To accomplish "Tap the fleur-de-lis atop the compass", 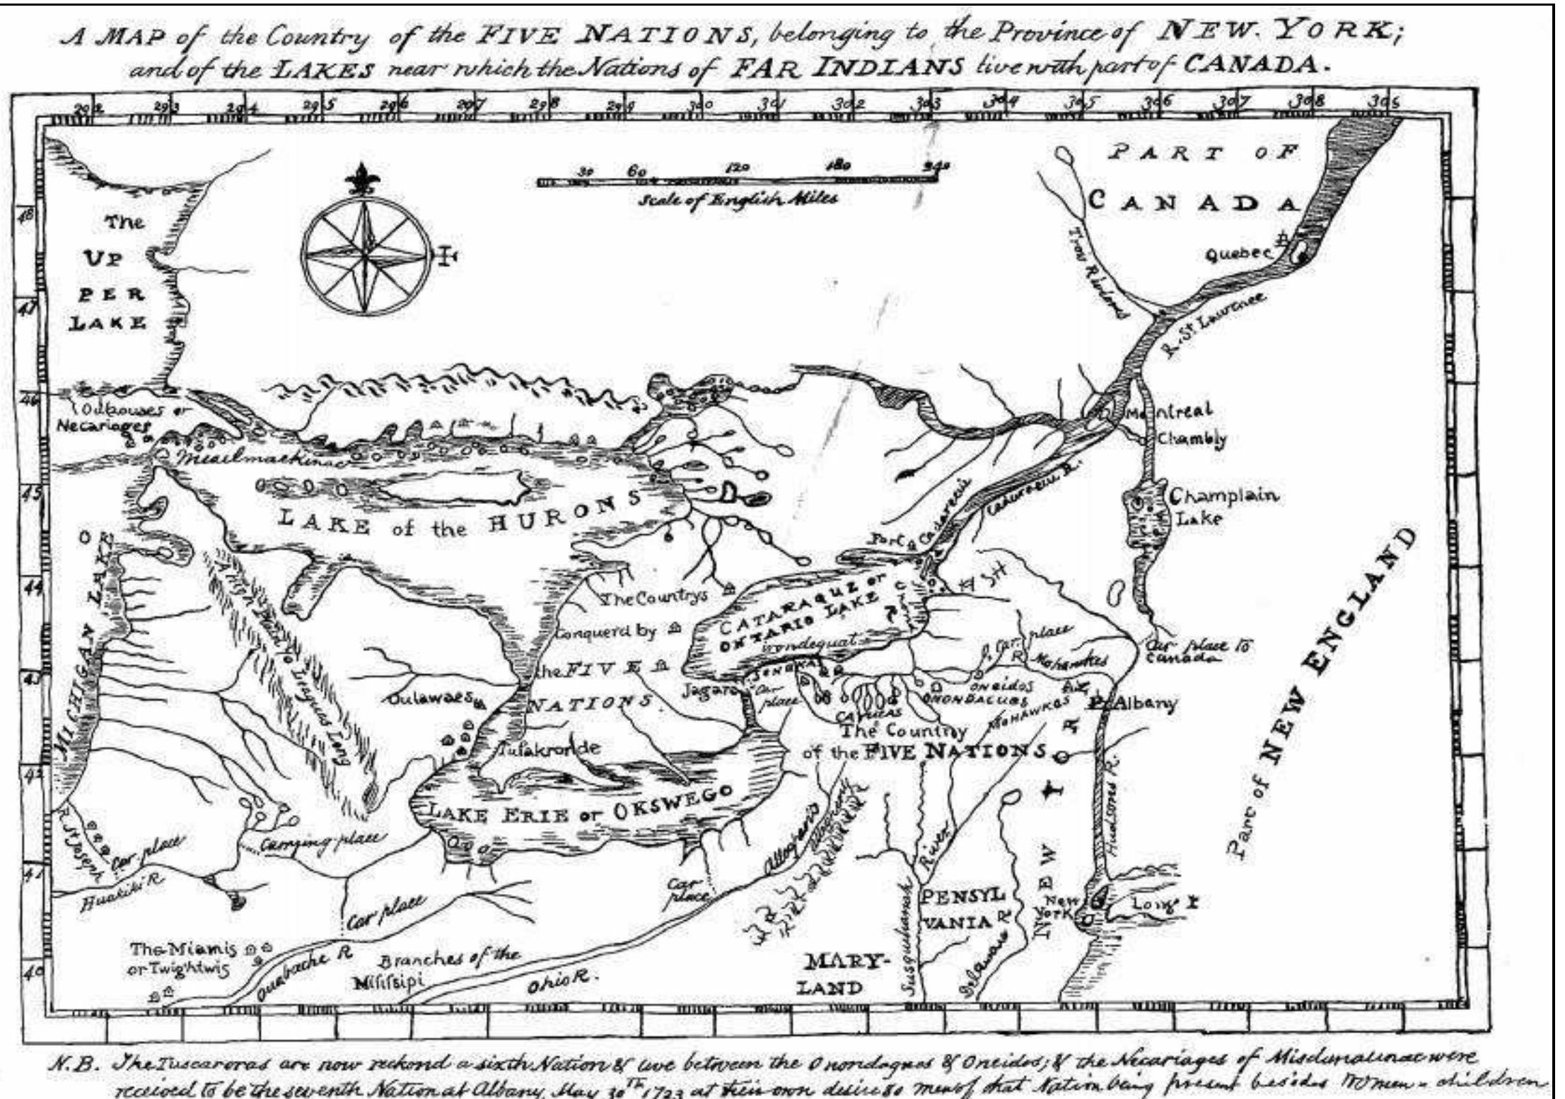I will pos(363,180).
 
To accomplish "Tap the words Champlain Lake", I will pos(1221,506).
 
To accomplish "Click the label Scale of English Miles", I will pos(738,199).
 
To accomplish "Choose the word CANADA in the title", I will pos(1251,64).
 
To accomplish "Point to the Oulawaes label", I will pos(429,698).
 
